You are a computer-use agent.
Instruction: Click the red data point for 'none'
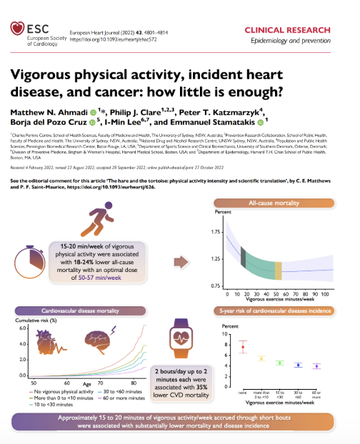[243, 348]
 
